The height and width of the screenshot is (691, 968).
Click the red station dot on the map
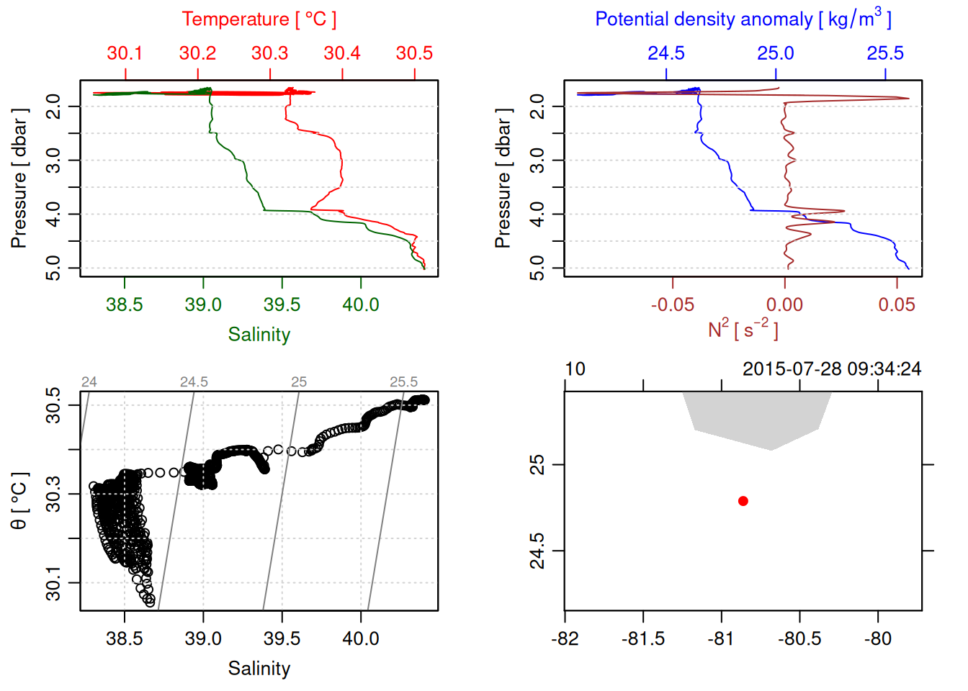pos(743,501)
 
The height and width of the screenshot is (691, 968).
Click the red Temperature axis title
pos(259,19)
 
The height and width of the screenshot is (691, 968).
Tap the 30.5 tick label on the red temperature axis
pos(414,53)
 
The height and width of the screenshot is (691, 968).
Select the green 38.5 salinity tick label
pos(125,304)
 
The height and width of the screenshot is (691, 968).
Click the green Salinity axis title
pos(259,335)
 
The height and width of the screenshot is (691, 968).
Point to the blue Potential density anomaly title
pos(743,19)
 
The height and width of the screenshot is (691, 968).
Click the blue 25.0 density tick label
pos(775,53)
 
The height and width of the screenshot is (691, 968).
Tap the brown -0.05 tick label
pos(672,304)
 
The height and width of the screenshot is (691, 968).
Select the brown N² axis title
pos(743,330)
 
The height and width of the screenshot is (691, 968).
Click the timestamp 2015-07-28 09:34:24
pos(831,369)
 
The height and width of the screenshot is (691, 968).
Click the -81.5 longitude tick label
pos(643,639)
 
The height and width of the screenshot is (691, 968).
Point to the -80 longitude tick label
pos(878,639)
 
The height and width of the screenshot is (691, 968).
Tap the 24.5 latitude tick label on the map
pos(537,551)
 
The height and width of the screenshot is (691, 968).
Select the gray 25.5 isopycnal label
pos(403,382)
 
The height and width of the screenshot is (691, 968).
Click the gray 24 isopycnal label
pos(89,382)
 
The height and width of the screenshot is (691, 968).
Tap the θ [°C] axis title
pos(19,501)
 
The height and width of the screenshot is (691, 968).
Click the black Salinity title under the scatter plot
pos(259,669)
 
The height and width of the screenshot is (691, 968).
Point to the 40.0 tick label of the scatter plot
pos(361,639)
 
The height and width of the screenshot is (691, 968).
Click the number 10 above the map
pos(575,369)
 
